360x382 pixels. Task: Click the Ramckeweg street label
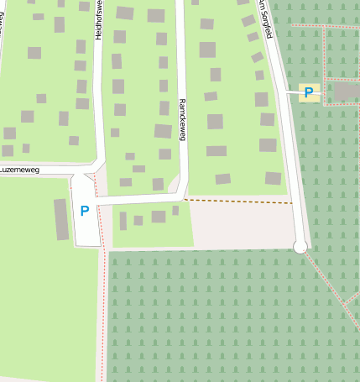point(181,118)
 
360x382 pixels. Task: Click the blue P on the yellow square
point(309,92)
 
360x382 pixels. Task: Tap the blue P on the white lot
point(84,212)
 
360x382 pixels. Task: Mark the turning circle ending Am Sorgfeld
point(300,246)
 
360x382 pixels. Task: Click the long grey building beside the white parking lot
point(61,219)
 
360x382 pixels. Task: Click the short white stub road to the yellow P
point(291,92)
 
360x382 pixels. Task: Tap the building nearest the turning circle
point(274,178)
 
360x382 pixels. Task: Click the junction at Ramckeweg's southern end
point(182,196)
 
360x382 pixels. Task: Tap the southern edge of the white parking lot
point(88,246)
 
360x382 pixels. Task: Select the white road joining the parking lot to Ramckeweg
point(138,200)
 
